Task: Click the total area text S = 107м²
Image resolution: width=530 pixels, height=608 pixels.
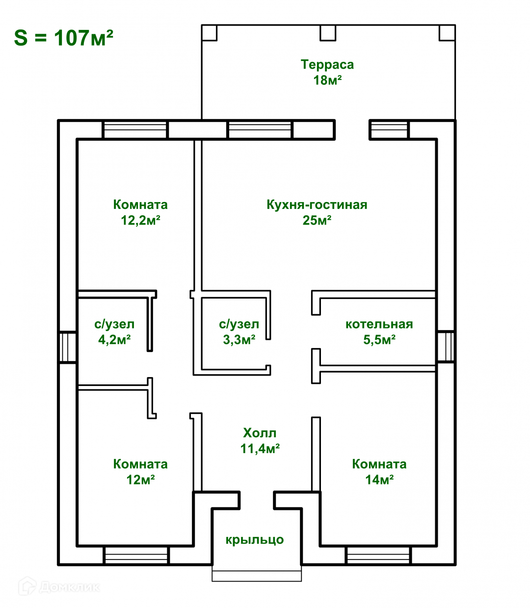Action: pos(64,38)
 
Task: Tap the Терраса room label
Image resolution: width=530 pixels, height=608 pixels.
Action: pos(327,65)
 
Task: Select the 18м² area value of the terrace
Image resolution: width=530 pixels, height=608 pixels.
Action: pos(327,80)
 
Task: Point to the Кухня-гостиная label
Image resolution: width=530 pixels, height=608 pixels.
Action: pos(317,204)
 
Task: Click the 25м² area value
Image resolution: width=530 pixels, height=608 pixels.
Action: pos(317,220)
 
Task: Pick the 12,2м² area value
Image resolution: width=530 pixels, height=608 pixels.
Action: pos(140,220)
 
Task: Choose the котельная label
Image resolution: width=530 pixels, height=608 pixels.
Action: pos(379,324)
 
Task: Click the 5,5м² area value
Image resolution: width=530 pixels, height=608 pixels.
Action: pos(379,340)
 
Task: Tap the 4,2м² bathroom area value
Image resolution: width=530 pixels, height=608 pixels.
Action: pos(114,340)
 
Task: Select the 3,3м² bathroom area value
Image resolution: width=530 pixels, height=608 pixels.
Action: pos(238,340)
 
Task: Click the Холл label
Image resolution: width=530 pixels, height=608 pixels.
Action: pos(260,433)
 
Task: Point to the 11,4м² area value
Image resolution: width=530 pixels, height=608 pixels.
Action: pos(260,449)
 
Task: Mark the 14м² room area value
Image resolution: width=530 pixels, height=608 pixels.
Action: pos(379,480)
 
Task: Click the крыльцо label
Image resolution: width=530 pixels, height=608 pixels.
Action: pos(255,540)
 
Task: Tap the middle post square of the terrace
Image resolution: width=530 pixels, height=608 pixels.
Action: pos(328,33)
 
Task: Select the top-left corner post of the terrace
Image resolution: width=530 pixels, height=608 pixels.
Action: pos(209,33)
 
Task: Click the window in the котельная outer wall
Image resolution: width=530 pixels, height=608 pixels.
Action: pos(446,346)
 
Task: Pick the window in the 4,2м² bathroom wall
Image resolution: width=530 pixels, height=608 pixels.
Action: pos(68,347)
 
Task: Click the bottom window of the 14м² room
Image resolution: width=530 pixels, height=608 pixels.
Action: pos(378,556)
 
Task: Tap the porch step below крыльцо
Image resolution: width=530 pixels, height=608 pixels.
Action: pos(257,575)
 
